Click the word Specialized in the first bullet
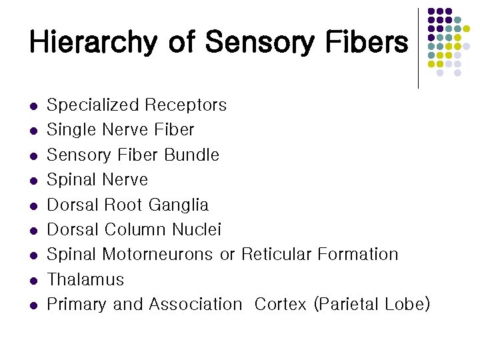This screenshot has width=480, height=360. point(93,105)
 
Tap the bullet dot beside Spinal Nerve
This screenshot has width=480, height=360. point(32,181)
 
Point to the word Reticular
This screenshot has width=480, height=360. point(273,255)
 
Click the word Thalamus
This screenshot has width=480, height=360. point(85,279)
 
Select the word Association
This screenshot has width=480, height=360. point(195,305)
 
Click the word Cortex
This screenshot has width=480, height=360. point(280,305)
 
